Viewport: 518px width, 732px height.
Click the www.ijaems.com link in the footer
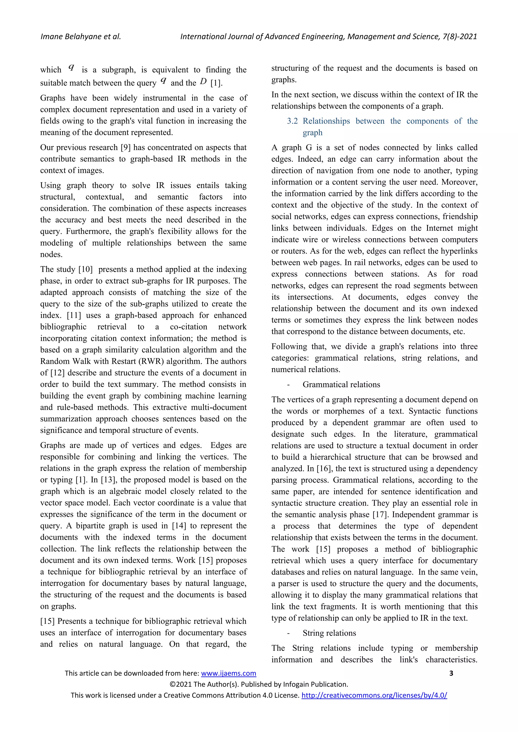click(228, 673)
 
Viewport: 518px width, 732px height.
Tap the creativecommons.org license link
click(374, 695)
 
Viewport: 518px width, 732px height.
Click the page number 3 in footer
click(451, 673)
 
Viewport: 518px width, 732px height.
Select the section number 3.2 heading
click(292, 121)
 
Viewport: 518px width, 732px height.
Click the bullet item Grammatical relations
click(341, 385)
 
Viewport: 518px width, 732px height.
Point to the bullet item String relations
click(329, 633)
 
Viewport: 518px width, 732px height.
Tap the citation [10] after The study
click(85, 269)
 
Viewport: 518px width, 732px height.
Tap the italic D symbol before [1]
click(203, 82)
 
